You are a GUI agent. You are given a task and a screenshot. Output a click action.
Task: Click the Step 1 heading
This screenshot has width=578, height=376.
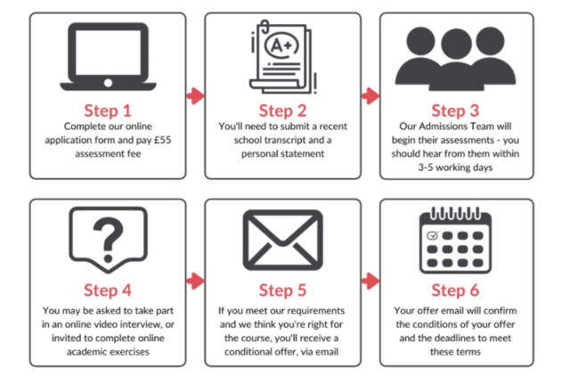click(108, 110)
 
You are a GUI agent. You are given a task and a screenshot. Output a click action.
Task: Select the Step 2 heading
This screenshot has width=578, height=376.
click(282, 110)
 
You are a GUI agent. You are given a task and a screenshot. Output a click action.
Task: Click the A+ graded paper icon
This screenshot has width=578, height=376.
click(281, 59)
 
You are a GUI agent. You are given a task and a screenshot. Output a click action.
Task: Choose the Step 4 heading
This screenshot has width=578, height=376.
click(108, 290)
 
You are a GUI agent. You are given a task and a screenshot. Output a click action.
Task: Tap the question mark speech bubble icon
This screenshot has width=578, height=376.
click(108, 239)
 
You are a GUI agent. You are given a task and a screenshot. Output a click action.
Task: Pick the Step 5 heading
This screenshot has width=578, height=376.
click(282, 290)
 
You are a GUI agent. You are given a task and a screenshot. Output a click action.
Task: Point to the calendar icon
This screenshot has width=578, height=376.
click(455, 239)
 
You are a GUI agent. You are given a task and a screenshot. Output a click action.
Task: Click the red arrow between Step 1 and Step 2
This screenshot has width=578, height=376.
click(195, 95)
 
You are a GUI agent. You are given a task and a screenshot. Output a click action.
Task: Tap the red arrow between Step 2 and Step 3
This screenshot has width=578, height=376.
click(370, 95)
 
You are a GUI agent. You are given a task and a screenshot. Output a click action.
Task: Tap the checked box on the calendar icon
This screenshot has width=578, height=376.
click(433, 236)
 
